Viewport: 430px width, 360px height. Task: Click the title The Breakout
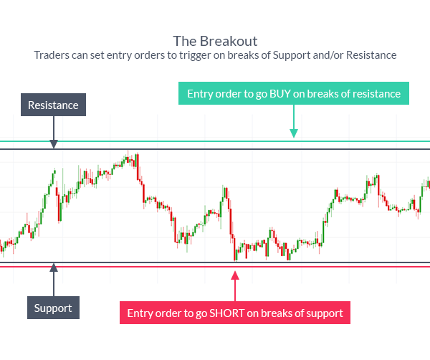point(215,41)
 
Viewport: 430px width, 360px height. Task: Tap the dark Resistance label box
point(53,105)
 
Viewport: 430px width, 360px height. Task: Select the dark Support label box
point(53,308)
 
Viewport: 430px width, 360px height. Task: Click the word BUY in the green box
point(280,94)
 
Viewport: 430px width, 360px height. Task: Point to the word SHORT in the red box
point(226,313)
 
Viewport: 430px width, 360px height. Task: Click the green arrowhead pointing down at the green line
point(294,133)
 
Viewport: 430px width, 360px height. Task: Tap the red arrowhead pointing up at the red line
point(235,275)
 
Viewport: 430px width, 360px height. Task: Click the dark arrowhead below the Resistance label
point(54,144)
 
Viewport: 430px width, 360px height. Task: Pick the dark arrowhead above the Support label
point(54,267)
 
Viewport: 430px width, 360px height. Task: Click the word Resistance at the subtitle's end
point(371,55)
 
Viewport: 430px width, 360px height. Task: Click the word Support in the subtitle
point(291,56)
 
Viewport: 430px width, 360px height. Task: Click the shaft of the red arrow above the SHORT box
point(235,290)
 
